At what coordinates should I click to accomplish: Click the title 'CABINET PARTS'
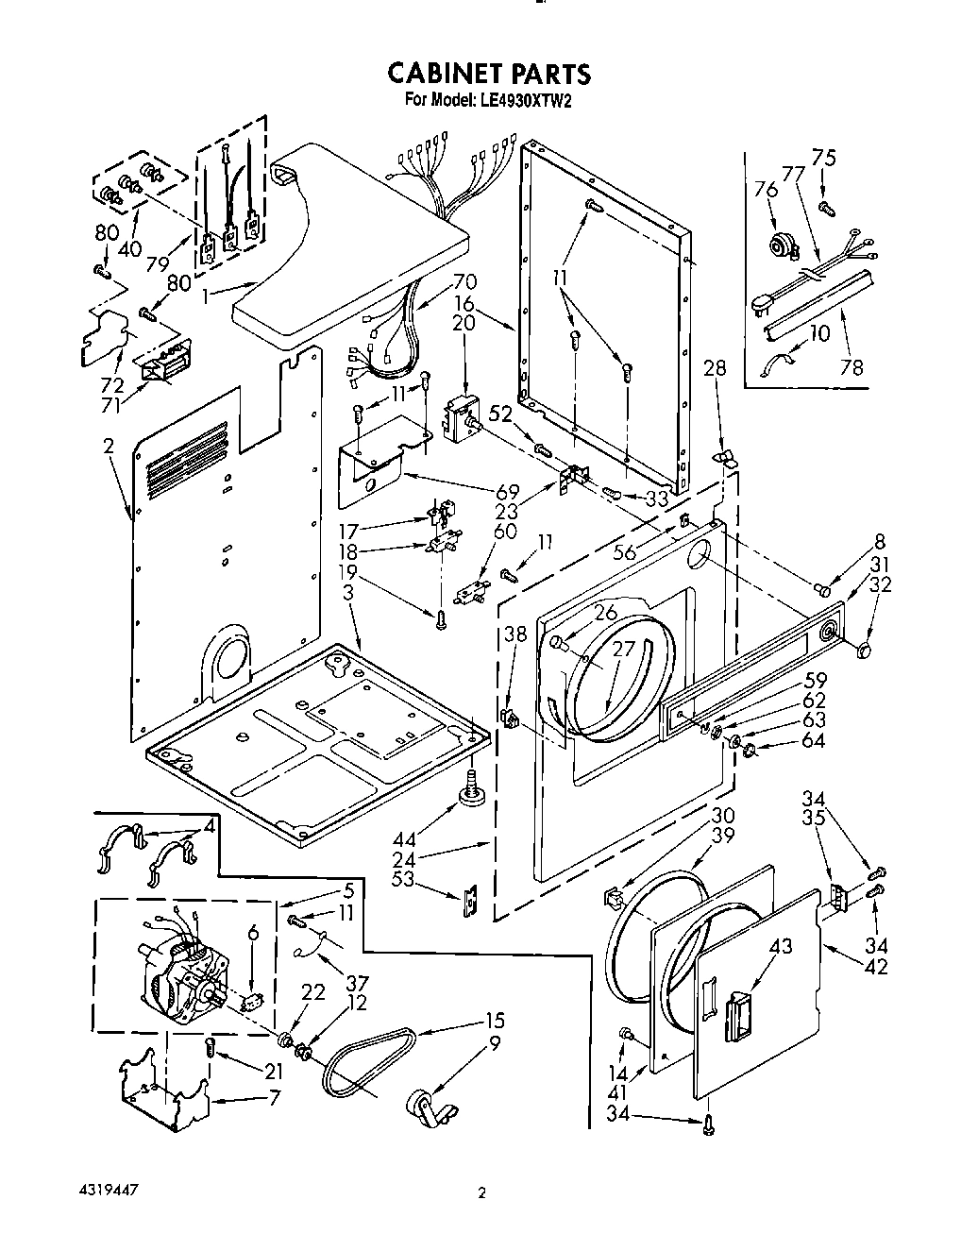click(x=489, y=74)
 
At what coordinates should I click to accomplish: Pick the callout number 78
click(x=852, y=367)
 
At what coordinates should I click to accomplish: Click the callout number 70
click(x=464, y=280)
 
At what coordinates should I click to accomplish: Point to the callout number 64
click(x=812, y=741)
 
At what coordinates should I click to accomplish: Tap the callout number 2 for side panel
click(x=110, y=447)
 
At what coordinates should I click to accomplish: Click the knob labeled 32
click(x=861, y=651)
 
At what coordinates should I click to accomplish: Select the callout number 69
click(x=507, y=491)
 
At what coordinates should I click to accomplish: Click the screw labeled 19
click(x=440, y=618)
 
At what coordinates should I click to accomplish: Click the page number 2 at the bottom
click(x=482, y=1193)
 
